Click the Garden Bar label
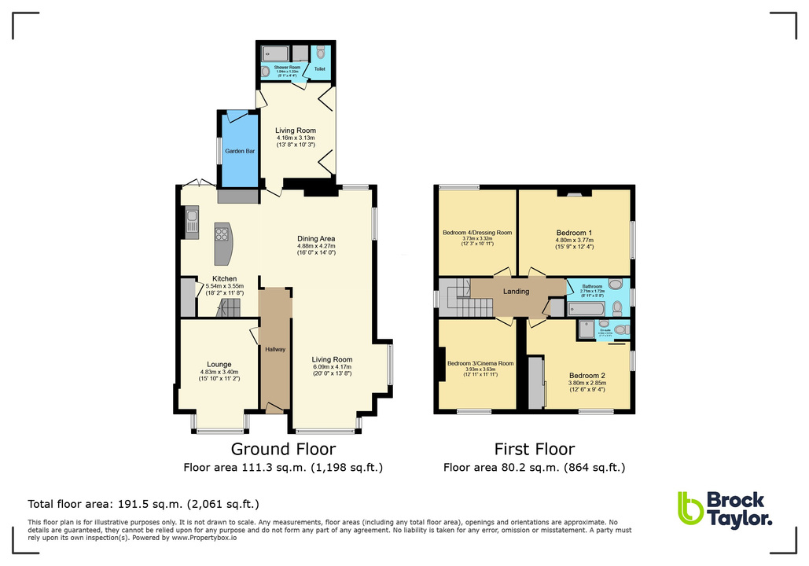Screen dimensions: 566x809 tap(239, 151)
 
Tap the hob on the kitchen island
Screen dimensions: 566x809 tap(222, 233)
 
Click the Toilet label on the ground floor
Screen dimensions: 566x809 tap(320, 69)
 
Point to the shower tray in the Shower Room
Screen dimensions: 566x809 tap(279, 53)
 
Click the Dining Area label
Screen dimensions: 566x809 tap(316, 239)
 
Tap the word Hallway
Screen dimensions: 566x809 tap(275, 349)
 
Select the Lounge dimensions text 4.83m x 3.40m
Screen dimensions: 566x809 tap(219, 372)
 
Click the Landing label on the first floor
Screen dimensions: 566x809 tap(517, 291)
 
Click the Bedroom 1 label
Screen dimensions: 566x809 tap(574, 233)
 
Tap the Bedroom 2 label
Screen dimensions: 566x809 tap(587, 376)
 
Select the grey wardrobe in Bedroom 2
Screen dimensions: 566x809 tap(535, 383)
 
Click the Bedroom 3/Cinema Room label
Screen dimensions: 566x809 tap(480, 363)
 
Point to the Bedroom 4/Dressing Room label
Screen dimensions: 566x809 tap(477, 233)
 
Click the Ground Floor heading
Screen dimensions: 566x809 tap(283, 450)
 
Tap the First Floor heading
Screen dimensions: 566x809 tap(534, 450)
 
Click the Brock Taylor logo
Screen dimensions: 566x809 tap(723, 509)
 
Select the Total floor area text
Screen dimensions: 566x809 tap(143, 504)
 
